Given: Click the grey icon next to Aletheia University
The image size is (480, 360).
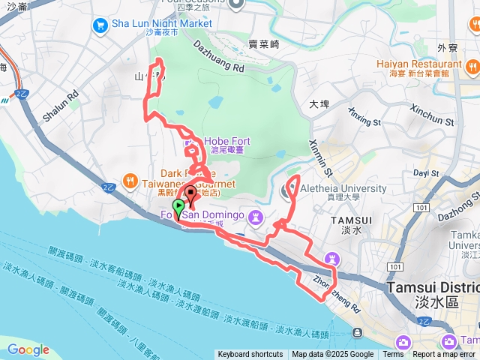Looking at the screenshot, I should pyautogui.click(x=289, y=190).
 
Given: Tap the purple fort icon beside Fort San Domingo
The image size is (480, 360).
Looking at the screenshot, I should pyautogui.click(x=256, y=217).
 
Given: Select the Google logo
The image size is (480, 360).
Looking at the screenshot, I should pyautogui.click(x=28, y=349).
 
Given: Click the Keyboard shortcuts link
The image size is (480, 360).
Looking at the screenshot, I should pyautogui.click(x=250, y=355).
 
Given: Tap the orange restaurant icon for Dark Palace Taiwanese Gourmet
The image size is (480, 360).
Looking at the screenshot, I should pyautogui.click(x=130, y=181).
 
